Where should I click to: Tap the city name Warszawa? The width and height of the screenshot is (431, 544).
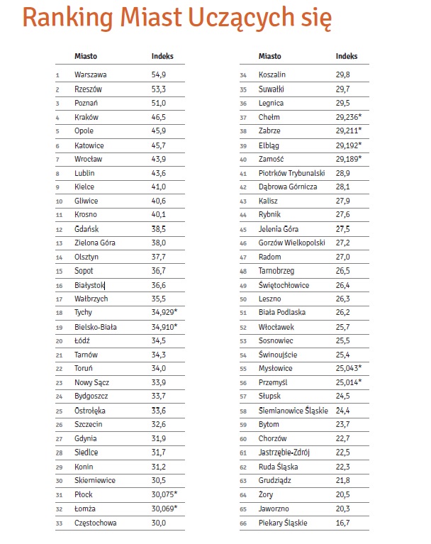pos(91,74)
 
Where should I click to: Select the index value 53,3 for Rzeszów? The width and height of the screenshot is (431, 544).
pos(159,89)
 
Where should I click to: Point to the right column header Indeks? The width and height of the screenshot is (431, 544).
pos(347,56)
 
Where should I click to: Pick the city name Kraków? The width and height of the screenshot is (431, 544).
pos(86,116)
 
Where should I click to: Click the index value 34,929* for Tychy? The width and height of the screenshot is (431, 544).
pos(167,313)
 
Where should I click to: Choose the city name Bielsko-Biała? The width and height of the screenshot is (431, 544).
pos(96,327)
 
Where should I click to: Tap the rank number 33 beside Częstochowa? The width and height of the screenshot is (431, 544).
pos(58,523)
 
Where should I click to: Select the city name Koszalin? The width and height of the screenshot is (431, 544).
pos(273,74)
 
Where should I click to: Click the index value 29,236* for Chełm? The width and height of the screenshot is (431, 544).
pos(349,116)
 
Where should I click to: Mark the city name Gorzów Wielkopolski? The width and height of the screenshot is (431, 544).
pos(291,243)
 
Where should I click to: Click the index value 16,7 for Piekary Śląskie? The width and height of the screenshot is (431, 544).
pos(343,523)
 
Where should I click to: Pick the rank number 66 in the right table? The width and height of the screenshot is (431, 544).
pos(243,523)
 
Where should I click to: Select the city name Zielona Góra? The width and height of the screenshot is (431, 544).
pos(94,243)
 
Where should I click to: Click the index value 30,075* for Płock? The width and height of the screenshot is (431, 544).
pos(167,495)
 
